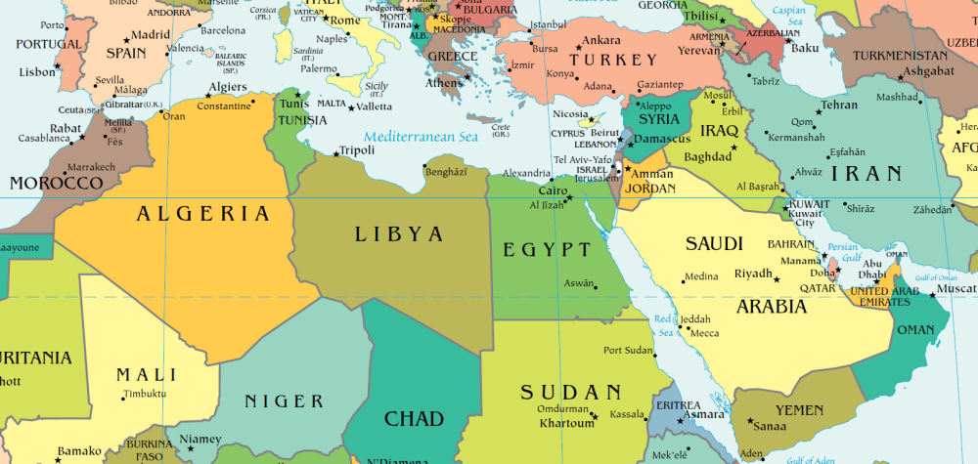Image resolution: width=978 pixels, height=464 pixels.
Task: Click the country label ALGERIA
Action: [202, 215]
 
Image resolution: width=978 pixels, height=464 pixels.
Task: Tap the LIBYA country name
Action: [399, 234]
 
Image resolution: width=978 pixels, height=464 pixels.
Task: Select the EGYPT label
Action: [548, 250]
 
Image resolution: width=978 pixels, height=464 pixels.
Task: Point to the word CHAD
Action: [414, 419]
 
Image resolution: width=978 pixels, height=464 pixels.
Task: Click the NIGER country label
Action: [284, 401]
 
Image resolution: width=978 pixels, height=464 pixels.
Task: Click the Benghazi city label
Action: [448, 171]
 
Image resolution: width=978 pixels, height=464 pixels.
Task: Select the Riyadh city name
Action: [753, 273]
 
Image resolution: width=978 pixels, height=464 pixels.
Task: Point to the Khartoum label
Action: [566, 424]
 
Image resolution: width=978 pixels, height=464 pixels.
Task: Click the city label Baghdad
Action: [708, 156]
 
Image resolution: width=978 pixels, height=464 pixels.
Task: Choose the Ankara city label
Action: [600, 41]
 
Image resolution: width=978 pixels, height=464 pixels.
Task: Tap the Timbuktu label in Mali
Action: [145, 395]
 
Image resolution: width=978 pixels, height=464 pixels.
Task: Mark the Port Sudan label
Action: [627, 351]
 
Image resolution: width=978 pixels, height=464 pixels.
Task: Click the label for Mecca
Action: [704, 333]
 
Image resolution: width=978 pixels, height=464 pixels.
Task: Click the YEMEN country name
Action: [799, 410]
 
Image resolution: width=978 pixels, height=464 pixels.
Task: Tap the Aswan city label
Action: [579, 283]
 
